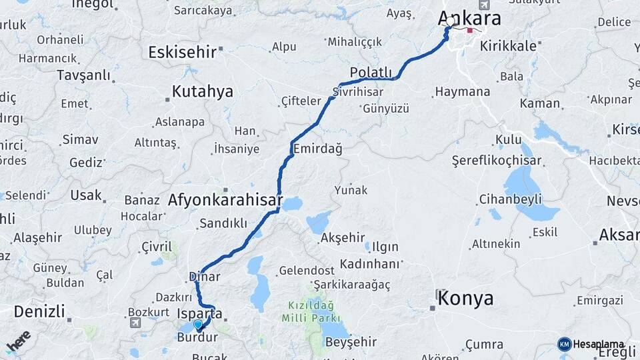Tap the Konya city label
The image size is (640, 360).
(x=465, y=298)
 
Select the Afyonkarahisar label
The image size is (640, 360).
(x=225, y=199)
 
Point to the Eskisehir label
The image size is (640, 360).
(x=183, y=51)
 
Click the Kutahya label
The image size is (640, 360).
(x=203, y=91)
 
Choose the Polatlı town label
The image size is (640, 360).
(x=371, y=72)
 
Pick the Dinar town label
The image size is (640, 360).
(x=205, y=276)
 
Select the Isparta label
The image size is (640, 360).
(x=200, y=313)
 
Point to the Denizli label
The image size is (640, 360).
(x=39, y=311)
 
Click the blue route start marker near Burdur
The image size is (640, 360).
(x=198, y=325)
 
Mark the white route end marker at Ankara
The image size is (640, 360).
(x=451, y=21)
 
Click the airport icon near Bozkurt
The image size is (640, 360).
(x=137, y=323)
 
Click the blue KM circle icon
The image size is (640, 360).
(x=565, y=344)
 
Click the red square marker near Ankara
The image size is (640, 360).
(x=470, y=30)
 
